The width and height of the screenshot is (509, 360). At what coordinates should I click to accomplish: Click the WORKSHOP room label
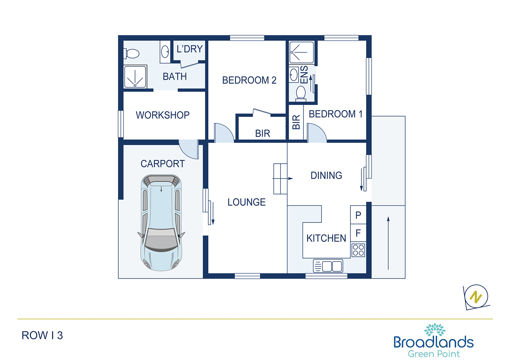pyautogui.click(x=163, y=115)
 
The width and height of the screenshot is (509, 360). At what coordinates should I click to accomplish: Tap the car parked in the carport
pyautogui.click(x=161, y=223)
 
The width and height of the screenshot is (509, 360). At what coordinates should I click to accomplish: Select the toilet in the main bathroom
pyautogui.click(x=131, y=54)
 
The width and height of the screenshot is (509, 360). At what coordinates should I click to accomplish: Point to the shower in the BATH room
pyautogui.click(x=135, y=77)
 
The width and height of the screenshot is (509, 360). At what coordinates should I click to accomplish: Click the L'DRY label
pyautogui.click(x=189, y=49)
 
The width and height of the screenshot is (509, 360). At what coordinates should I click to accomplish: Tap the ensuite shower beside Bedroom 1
pyautogui.click(x=302, y=53)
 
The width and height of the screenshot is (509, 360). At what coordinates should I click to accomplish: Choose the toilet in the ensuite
pyautogui.click(x=301, y=93)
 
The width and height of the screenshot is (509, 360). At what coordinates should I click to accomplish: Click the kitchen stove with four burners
pyautogui.click(x=358, y=250)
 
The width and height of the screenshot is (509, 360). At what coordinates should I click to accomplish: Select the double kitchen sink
pyautogui.click(x=328, y=266)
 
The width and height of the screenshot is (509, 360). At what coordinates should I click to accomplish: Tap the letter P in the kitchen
pyautogui.click(x=358, y=215)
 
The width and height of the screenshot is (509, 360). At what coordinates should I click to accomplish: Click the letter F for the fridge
pyautogui.click(x=358, y=233)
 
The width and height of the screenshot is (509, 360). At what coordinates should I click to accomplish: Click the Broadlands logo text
pyautogui.click(x=434, y=342)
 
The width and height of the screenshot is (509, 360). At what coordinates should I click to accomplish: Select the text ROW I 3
pyautogui.click(x=42, y=336)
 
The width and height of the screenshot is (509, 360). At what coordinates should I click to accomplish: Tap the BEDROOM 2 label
pyautogui.click(x=249, y=80)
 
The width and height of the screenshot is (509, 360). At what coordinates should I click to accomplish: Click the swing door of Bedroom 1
pyautogui.click(x=317, y=133)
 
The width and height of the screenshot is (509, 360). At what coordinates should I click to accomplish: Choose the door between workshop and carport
pyautogui.click(x=189, y=149)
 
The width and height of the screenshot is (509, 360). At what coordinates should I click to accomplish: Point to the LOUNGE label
pyautogui.click(x=247, y=202)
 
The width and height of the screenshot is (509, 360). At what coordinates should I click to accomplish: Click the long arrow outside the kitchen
pyautogui.click(x=388, y=243)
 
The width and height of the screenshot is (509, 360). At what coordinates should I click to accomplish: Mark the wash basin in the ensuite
pyautogui.click(x=294, y=75)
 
